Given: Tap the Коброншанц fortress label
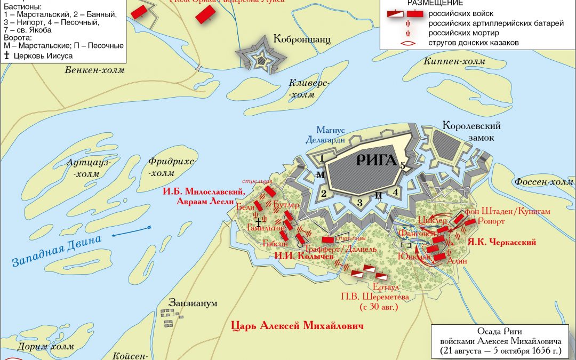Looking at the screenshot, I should pyautogui.click(x=302, y=39).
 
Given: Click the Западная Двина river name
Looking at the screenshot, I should pyautogui.click(x=56, y=251).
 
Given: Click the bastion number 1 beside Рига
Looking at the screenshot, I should pyautogui.click(x=321, y=158).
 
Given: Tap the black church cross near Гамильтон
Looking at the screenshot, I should pyautogui.click(x=259, y=221).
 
